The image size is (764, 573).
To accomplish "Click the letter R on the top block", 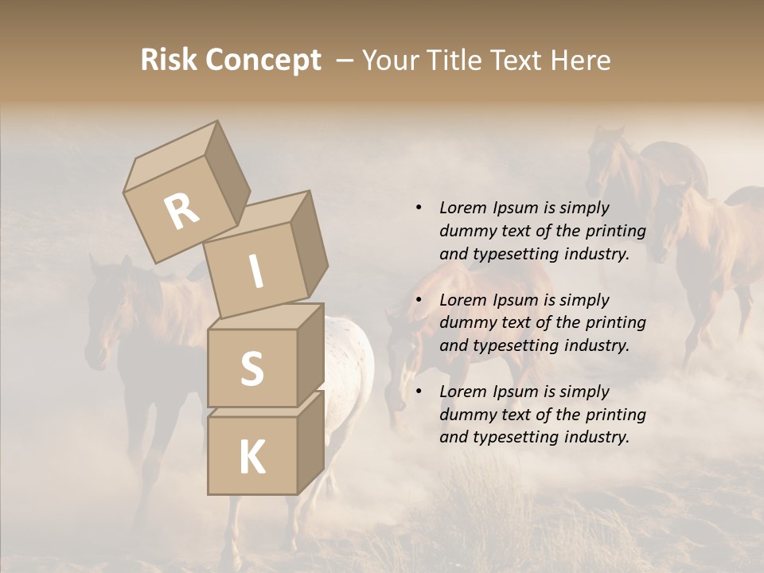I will [181, 211].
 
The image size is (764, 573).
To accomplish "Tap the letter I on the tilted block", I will [256, 272].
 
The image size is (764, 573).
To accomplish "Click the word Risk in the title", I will [168, 60].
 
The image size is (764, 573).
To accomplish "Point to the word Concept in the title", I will [263, 61].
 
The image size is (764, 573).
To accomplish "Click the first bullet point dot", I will [419, 208].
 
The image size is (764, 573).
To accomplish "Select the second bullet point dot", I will [419, 300].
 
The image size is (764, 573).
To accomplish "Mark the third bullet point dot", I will [419, 392].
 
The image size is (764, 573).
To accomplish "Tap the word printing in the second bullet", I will [615, 322].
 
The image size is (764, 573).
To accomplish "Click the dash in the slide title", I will [345, 61].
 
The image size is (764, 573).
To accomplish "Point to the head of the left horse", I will [103, 318].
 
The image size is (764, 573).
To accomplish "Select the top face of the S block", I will [267, 317].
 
